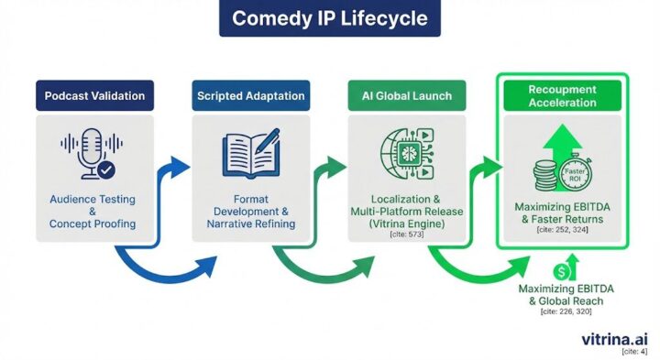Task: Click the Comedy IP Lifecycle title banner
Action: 329,18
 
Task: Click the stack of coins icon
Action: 545,175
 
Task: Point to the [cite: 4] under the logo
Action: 637,352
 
